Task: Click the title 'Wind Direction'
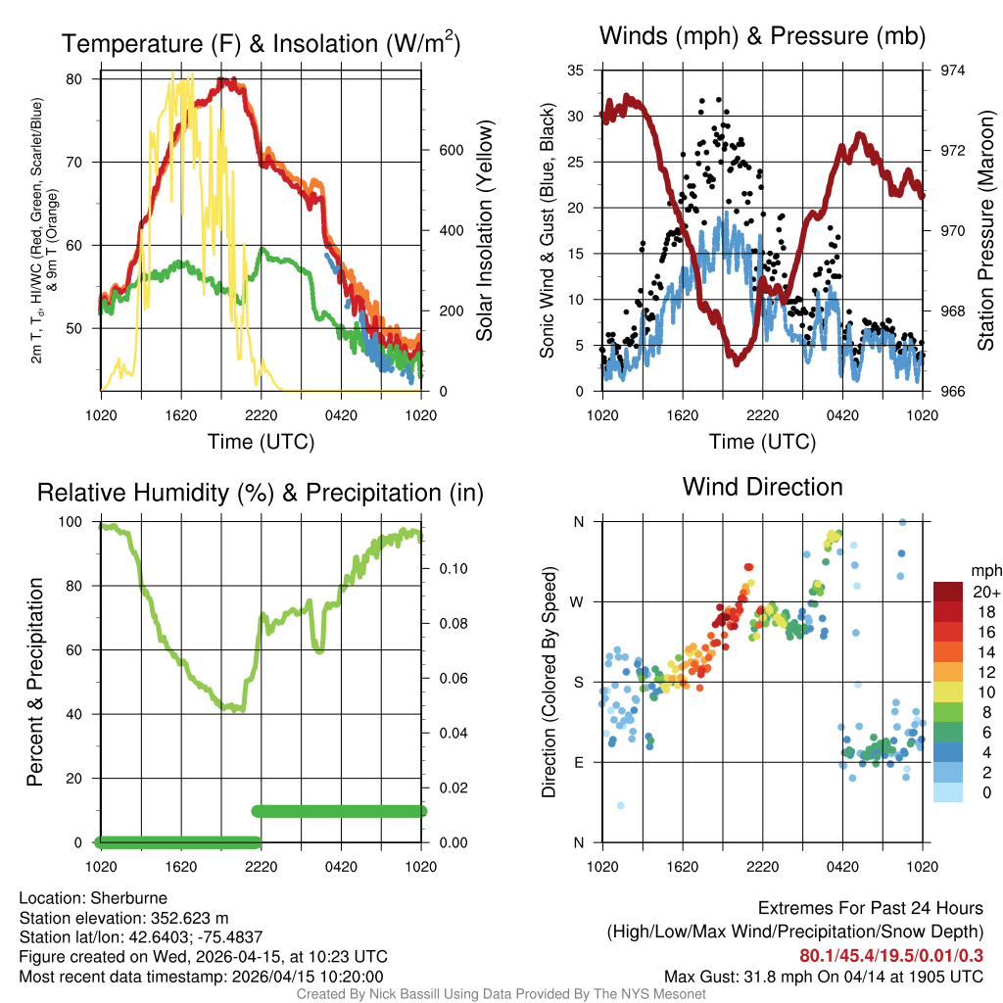762,487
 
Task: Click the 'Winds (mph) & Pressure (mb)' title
762,37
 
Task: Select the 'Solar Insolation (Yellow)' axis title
485,231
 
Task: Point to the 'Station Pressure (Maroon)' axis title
985,231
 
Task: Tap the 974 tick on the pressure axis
952,71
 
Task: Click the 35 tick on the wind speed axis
576,71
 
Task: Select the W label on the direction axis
578,602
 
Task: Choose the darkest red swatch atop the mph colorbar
948,592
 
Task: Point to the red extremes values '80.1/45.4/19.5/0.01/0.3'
891,956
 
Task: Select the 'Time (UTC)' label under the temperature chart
261,442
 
